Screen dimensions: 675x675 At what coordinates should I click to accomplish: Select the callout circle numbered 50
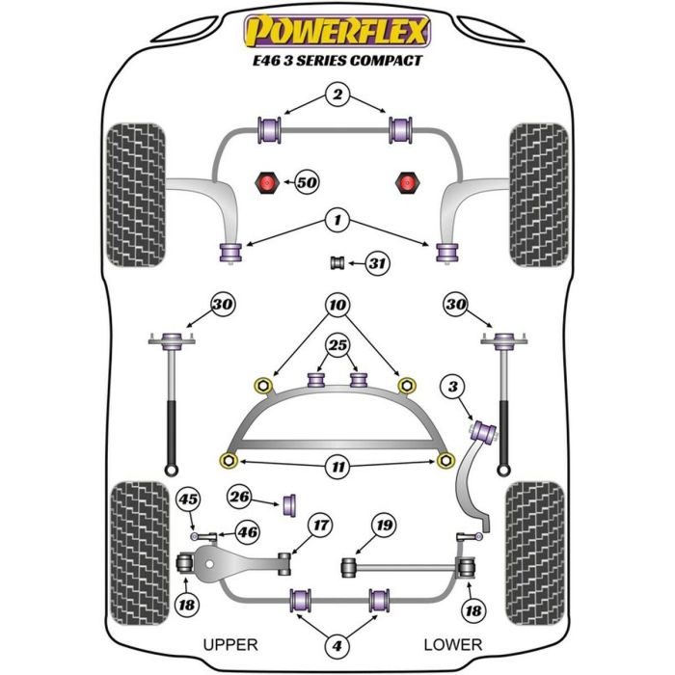(307, 181)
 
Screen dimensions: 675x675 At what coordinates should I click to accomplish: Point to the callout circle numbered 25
(337, 345)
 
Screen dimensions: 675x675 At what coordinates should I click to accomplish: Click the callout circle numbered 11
(337, 468)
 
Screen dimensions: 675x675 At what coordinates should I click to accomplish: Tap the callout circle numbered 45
(190, 499)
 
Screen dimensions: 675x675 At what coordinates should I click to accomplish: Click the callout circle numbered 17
(319, 526)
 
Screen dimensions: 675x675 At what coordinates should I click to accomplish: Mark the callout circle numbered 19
(384, 526)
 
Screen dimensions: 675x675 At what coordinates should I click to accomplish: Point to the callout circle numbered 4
(337, 645)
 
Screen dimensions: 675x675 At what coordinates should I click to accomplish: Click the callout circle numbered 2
(337, 94)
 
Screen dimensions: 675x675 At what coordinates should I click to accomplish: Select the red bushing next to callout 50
(266, 181)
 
